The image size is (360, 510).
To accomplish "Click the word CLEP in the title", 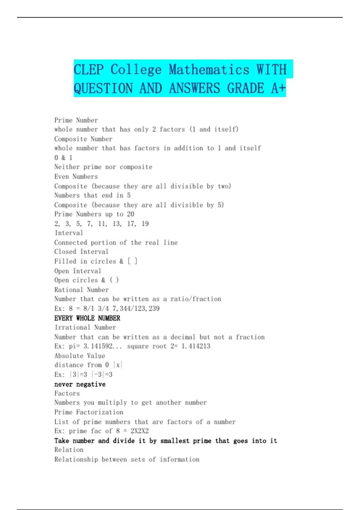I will (88, 70).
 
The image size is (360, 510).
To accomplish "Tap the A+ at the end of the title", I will (278, 88).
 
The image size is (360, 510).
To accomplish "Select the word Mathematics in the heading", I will (209, 70).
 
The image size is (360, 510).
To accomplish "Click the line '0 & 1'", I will (63, 157).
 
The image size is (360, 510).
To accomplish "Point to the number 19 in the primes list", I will (145, 223).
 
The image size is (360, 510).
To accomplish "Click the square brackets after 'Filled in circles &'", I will (132, 261).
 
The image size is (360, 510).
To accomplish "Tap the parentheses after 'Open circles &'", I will (114, 280).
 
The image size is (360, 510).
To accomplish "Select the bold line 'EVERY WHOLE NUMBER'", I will (87, 318).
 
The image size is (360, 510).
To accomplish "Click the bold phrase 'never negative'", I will (80, 384).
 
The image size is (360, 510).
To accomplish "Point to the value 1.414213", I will (196, 346).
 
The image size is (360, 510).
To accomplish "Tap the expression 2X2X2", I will (139, 431).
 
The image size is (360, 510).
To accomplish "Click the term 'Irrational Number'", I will (85, 327).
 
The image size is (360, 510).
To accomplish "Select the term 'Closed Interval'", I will (81, 251).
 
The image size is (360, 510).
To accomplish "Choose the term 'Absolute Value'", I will (80, 356).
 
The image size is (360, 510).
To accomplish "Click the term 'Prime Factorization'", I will (89, 412).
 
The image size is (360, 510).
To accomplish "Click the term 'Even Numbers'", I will (76, 176).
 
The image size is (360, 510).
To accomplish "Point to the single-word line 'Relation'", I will (69, 449).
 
